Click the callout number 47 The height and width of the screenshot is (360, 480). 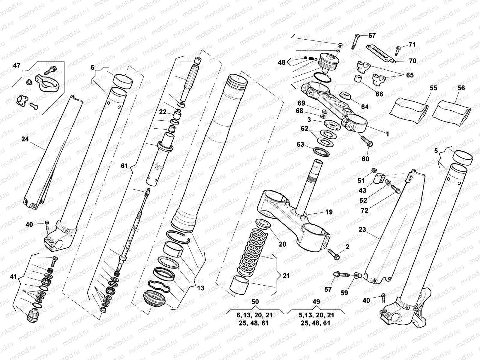pos(17,65)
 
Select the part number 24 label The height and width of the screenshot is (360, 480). pos(25,139)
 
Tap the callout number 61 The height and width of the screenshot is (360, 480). pos(124,166)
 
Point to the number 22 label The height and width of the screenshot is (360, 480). pos(163,112)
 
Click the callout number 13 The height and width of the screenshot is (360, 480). pos(200,288)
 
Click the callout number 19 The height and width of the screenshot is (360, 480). pos(329,212)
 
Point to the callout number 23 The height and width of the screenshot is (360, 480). pos(362,229)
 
